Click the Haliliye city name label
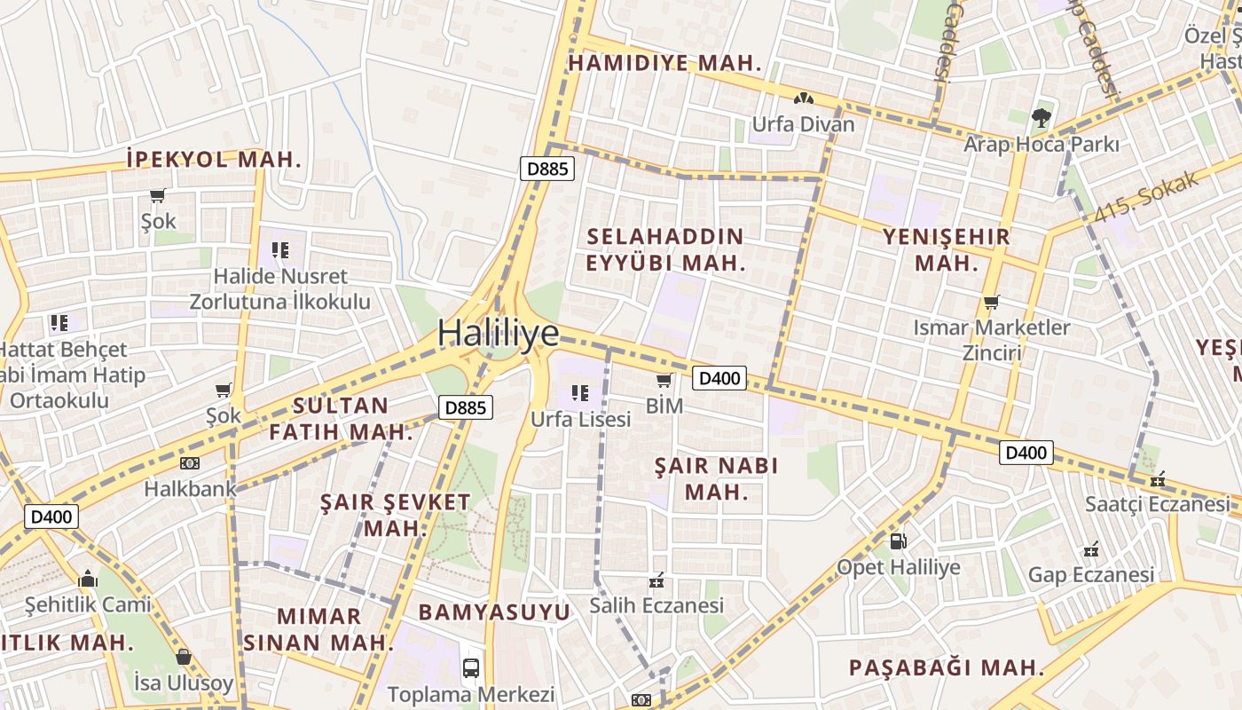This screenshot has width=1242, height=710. click(498, 333)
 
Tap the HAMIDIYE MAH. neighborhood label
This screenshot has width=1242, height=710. click(665, 63)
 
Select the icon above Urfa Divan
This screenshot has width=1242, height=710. click(803, 99)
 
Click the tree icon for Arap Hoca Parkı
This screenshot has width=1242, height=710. click(1042, 117)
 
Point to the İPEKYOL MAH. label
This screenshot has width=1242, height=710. click(214, 160)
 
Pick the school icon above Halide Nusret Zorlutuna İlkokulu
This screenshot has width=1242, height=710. click(280, 250)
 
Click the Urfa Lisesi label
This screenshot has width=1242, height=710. click(580, 419)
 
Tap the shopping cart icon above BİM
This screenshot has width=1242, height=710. click(664, 381)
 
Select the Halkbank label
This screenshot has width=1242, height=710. click(190, 488)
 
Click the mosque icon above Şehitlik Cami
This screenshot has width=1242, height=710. click(87, 580)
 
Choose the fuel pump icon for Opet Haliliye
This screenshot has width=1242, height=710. click(898, 540)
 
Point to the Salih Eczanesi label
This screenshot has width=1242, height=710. click(656, 606)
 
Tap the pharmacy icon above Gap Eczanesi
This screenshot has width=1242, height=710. click(1091, 549)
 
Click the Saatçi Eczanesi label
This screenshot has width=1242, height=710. click(1158, 504)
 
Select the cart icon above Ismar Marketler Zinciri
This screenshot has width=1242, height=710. click(992, 302)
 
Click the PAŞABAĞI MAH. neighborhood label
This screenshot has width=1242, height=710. click(946, 667)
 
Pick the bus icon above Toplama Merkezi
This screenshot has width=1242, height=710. click(471, 667)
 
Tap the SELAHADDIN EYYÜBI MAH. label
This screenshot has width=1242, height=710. click(664, 249)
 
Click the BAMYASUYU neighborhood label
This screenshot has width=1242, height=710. click(494, 612)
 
